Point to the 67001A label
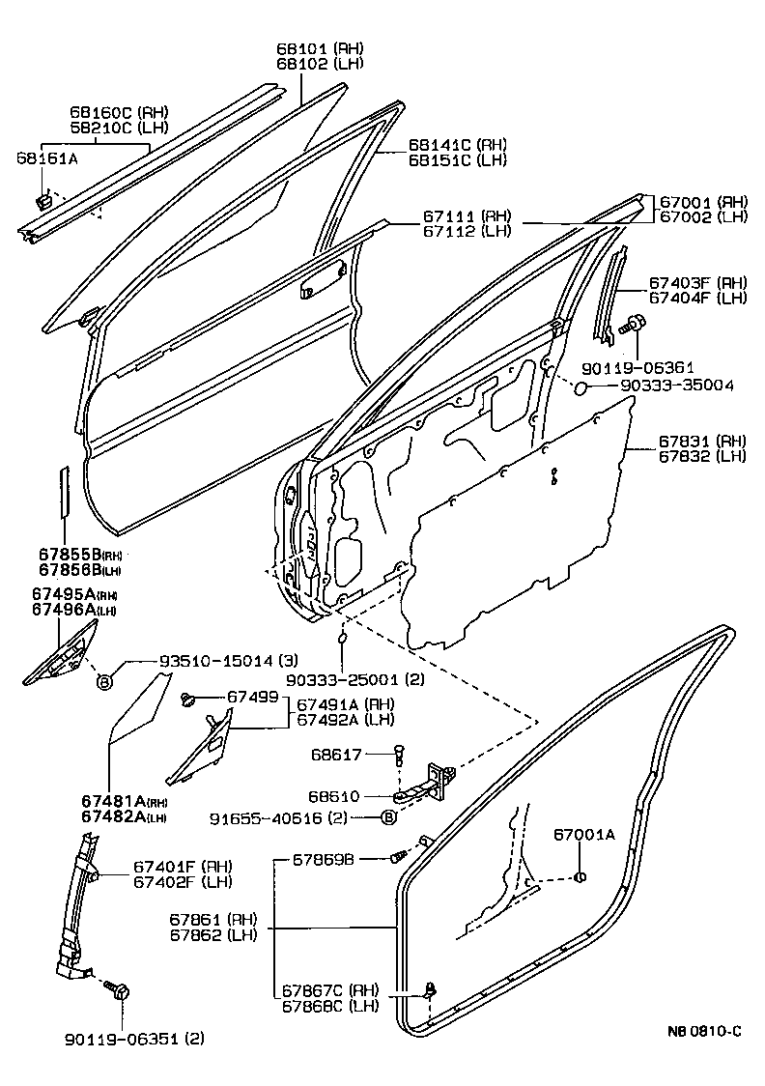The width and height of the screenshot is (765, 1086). click(583, 834)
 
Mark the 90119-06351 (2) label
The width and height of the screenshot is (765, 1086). click(135, 1039)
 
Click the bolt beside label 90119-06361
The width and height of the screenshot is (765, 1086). click(635, 325)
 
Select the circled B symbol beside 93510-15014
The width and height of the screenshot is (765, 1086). click(103, 682)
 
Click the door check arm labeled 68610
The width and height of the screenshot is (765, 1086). click(425, 788)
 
